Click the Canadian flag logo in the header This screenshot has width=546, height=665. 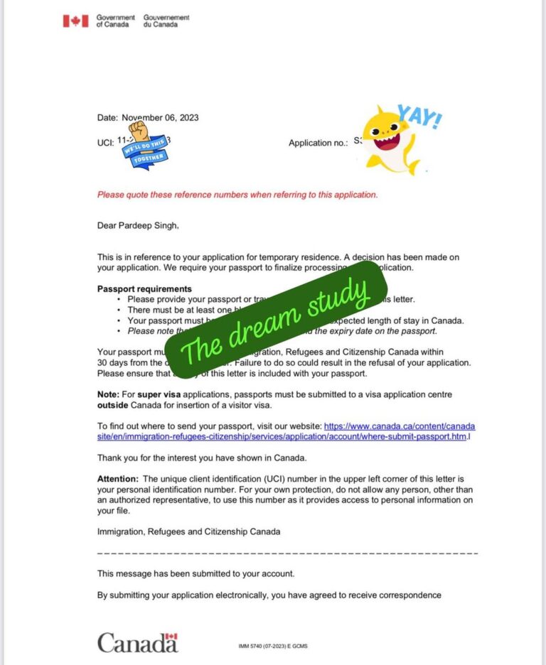(x=75, y=21)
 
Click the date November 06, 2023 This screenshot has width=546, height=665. (x=160, y=117)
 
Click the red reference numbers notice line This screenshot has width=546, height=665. (x=237, y=194)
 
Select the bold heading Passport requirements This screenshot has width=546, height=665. (x=144, y=289)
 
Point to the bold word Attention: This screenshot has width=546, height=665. (x=118, y=479)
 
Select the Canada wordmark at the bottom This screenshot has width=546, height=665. (x=137, y=643)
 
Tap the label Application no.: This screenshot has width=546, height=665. (x=318, y=143)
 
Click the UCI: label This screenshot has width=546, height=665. (x=105, y=142)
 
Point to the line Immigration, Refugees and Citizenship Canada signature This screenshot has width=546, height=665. (x=188, y=531)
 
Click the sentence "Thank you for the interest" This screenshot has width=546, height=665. (x=201, y=458)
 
